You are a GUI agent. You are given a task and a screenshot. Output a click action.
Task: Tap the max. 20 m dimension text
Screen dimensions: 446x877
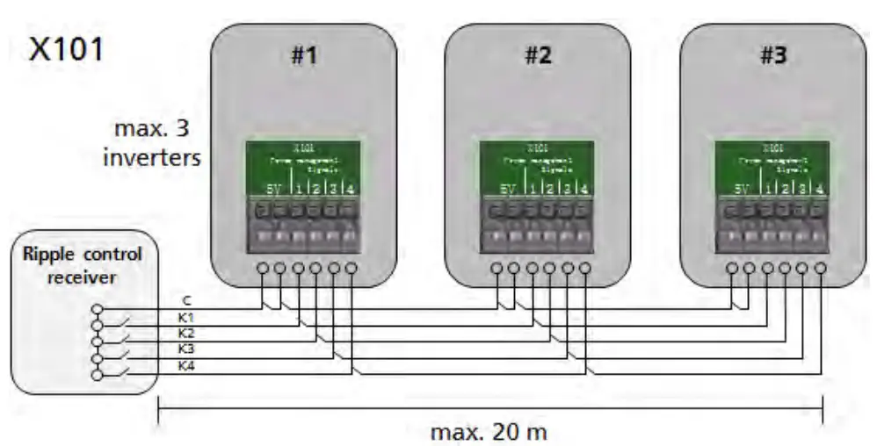coord(489,432)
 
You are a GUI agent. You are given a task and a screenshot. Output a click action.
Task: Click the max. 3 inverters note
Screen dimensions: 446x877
coord(157,145)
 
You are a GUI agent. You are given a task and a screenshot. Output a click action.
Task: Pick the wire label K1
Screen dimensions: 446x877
coord(185,316)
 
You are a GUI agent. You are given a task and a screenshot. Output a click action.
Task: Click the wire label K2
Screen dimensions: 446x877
coord(185,332)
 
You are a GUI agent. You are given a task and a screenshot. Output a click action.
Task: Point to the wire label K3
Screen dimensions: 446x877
coord(185,348)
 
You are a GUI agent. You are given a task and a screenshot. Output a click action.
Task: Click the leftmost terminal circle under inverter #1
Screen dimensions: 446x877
coord(262,268)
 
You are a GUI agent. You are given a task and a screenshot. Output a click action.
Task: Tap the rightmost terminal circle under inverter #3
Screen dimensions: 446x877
coord(821,268)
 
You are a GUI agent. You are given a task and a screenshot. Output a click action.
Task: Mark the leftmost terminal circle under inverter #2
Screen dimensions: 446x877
coord(496,268)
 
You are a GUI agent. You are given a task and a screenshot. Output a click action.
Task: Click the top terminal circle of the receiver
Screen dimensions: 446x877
coord(98,310)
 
